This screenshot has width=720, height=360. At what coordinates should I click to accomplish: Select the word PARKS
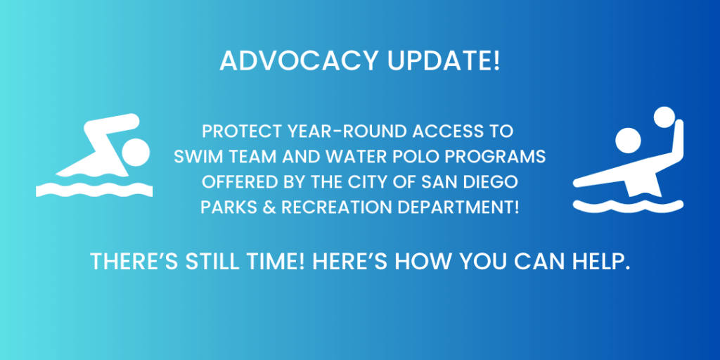click(x=225, y=207)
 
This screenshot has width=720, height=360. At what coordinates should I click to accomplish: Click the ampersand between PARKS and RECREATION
click(x=264, y=207)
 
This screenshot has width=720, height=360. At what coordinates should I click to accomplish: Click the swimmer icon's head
click(x=135, y=151)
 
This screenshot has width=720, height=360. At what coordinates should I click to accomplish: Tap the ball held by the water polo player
click(x=663, y=117)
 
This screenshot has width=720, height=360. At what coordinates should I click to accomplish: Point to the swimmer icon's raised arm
click(x=109, y=127)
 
